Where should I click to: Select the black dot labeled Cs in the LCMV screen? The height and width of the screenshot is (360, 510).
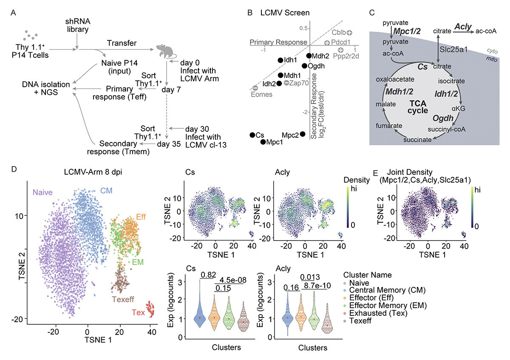coord(252,134)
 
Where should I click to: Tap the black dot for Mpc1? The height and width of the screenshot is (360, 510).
coord(263,142)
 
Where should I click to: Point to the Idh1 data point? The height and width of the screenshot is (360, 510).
coord(280,60)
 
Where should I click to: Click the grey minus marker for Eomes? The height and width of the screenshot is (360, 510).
coord(255,88)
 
